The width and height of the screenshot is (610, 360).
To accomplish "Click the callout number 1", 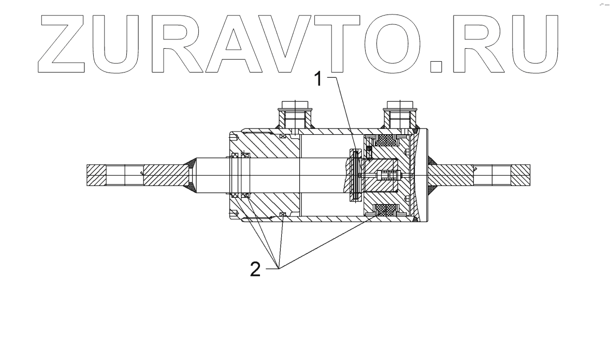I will [321, 79].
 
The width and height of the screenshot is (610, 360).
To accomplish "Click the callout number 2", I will [255, 269].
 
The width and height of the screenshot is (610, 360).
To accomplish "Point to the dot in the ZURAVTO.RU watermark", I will [438, 66].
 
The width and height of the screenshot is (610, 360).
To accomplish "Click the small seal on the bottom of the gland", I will [282, 214].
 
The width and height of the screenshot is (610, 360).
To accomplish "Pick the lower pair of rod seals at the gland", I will [240, 195].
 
